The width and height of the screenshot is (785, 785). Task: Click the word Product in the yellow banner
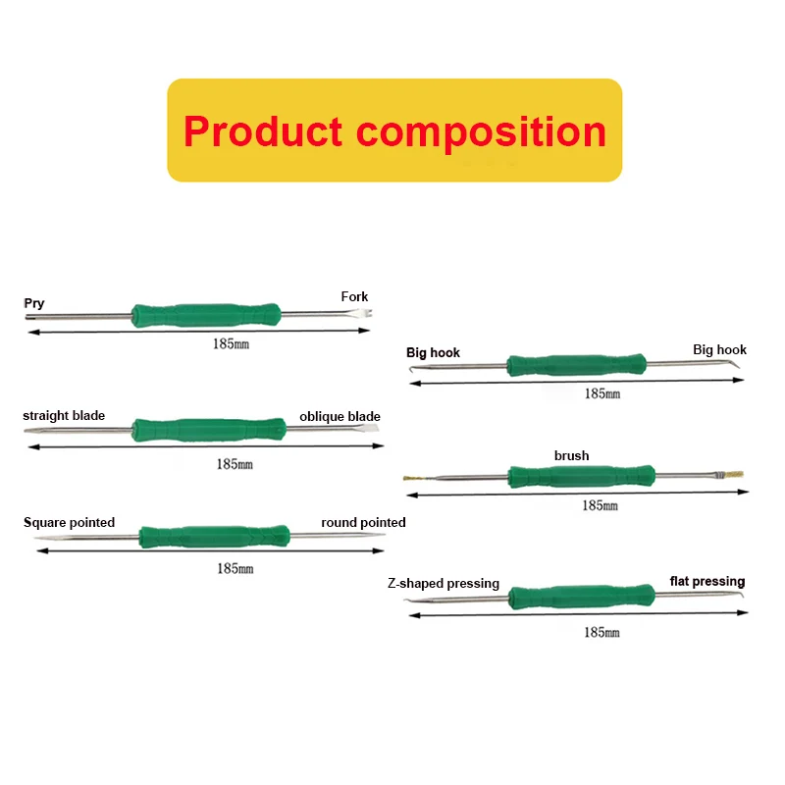[x=263, y=131]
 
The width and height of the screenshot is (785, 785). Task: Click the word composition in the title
[x=481, y=131]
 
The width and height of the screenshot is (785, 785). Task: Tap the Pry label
[x=34, y=303]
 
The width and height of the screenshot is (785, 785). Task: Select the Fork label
[x=354, y=296]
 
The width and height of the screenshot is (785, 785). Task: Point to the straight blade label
[x=64, y=415]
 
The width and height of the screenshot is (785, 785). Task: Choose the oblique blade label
[x=340, y=416]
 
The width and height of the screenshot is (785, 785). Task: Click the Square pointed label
[x=69, y=522]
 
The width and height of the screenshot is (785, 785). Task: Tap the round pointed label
[x=363, y=522]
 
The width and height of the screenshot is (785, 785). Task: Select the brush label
[x=571, y=455]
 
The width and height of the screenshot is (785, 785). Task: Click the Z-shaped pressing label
[x=444, y=583]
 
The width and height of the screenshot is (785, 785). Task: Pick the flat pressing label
[x=706, y=581]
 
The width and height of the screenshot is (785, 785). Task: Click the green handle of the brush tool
[x=580, y=476]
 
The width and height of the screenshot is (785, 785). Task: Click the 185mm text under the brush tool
[x=601, y=505]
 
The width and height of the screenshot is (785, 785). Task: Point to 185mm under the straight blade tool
[x=235, y=463]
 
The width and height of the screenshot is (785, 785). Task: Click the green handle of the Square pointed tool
[x=214, y=536]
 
